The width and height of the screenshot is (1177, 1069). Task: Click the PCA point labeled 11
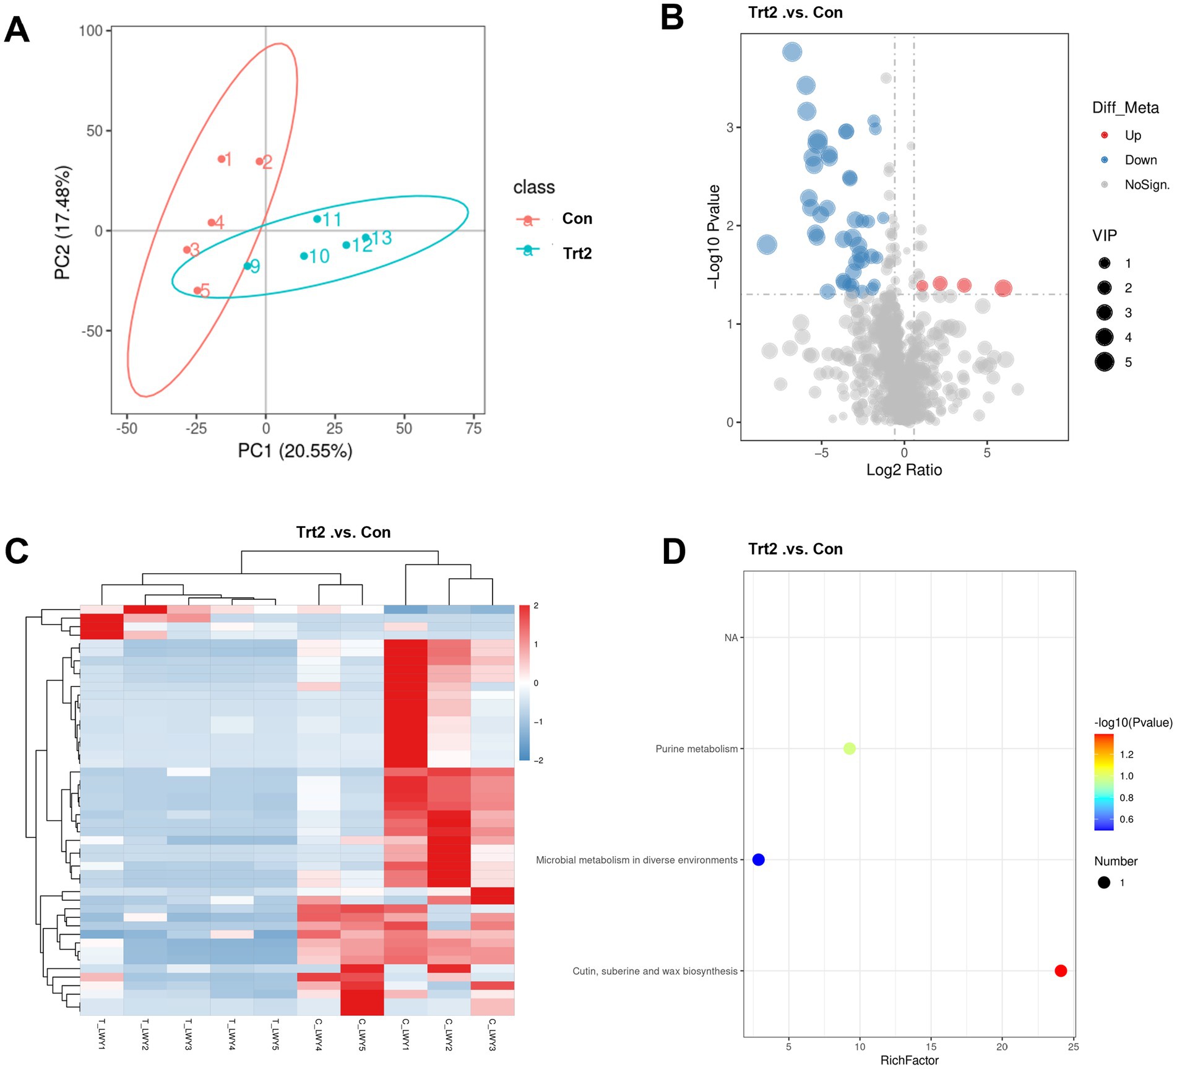(x=317, y=219)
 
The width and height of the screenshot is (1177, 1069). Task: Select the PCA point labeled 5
(x=197, y=290)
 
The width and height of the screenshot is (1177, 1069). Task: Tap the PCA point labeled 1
(x=221, y=159)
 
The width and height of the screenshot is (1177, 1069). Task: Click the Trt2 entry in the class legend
(x=576, y=253)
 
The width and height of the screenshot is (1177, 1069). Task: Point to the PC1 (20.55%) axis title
(x=295, y=451)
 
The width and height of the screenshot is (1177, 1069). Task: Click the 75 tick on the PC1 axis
(x=473, y=428)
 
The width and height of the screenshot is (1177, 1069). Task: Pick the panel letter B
(x=672, y=17)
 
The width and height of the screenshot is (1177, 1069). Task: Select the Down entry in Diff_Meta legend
(x=1140, y=160)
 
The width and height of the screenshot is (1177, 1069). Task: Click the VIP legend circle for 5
(x=1105, y=361)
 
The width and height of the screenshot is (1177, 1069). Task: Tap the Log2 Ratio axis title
(x=903, y=470)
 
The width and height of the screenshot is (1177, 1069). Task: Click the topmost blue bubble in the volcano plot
(x=792, y=52)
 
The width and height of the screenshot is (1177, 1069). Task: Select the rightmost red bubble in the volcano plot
(x=1003, y=288)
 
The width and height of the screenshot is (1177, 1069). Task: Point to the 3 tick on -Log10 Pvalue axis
(x=730, y=128)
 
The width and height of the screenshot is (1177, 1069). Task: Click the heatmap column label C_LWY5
(x=362, y=1034)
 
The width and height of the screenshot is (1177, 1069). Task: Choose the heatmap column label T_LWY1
(x=101, y=1034)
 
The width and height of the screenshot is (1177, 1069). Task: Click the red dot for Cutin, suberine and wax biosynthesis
(x=1061, y=971)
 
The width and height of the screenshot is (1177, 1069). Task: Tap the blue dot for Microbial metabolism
(x=758, y=860)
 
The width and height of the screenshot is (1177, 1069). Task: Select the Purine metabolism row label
(x=696, y=749)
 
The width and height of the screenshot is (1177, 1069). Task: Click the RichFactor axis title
(x=909, y=1060)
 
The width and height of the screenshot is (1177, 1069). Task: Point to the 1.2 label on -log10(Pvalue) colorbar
(x=1126, y=755)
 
